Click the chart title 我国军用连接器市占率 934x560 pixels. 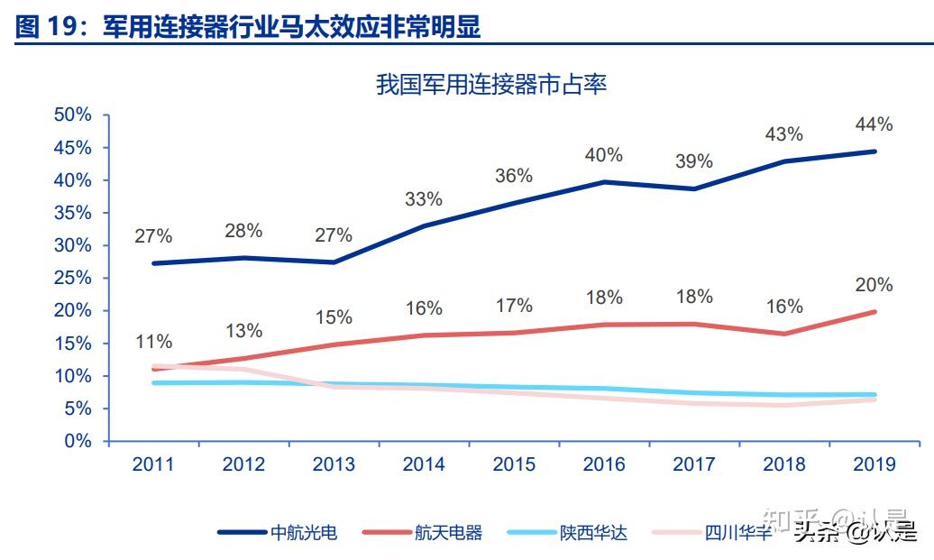click(491, 86)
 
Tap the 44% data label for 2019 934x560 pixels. click(874, 124)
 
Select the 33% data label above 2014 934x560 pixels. click(423, 199)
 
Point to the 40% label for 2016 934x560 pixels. click(603, 155)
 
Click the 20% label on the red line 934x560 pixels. click(874, 286)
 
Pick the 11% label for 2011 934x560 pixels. click(153, 343)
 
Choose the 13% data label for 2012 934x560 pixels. click(243, 331)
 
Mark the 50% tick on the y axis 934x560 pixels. click(73, 115)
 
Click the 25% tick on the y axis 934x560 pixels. click(73, 279)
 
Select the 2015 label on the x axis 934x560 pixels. click(513, 465)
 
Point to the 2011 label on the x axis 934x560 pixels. click(153, 465)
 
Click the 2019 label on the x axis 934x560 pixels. click(874, 465)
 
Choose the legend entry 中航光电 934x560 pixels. click(304, 532)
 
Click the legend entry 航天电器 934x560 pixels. click(448, 532)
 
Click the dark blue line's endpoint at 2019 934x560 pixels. click(874, 151)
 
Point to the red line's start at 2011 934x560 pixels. click(154, 369)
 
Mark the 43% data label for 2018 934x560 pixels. click(783, 134)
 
